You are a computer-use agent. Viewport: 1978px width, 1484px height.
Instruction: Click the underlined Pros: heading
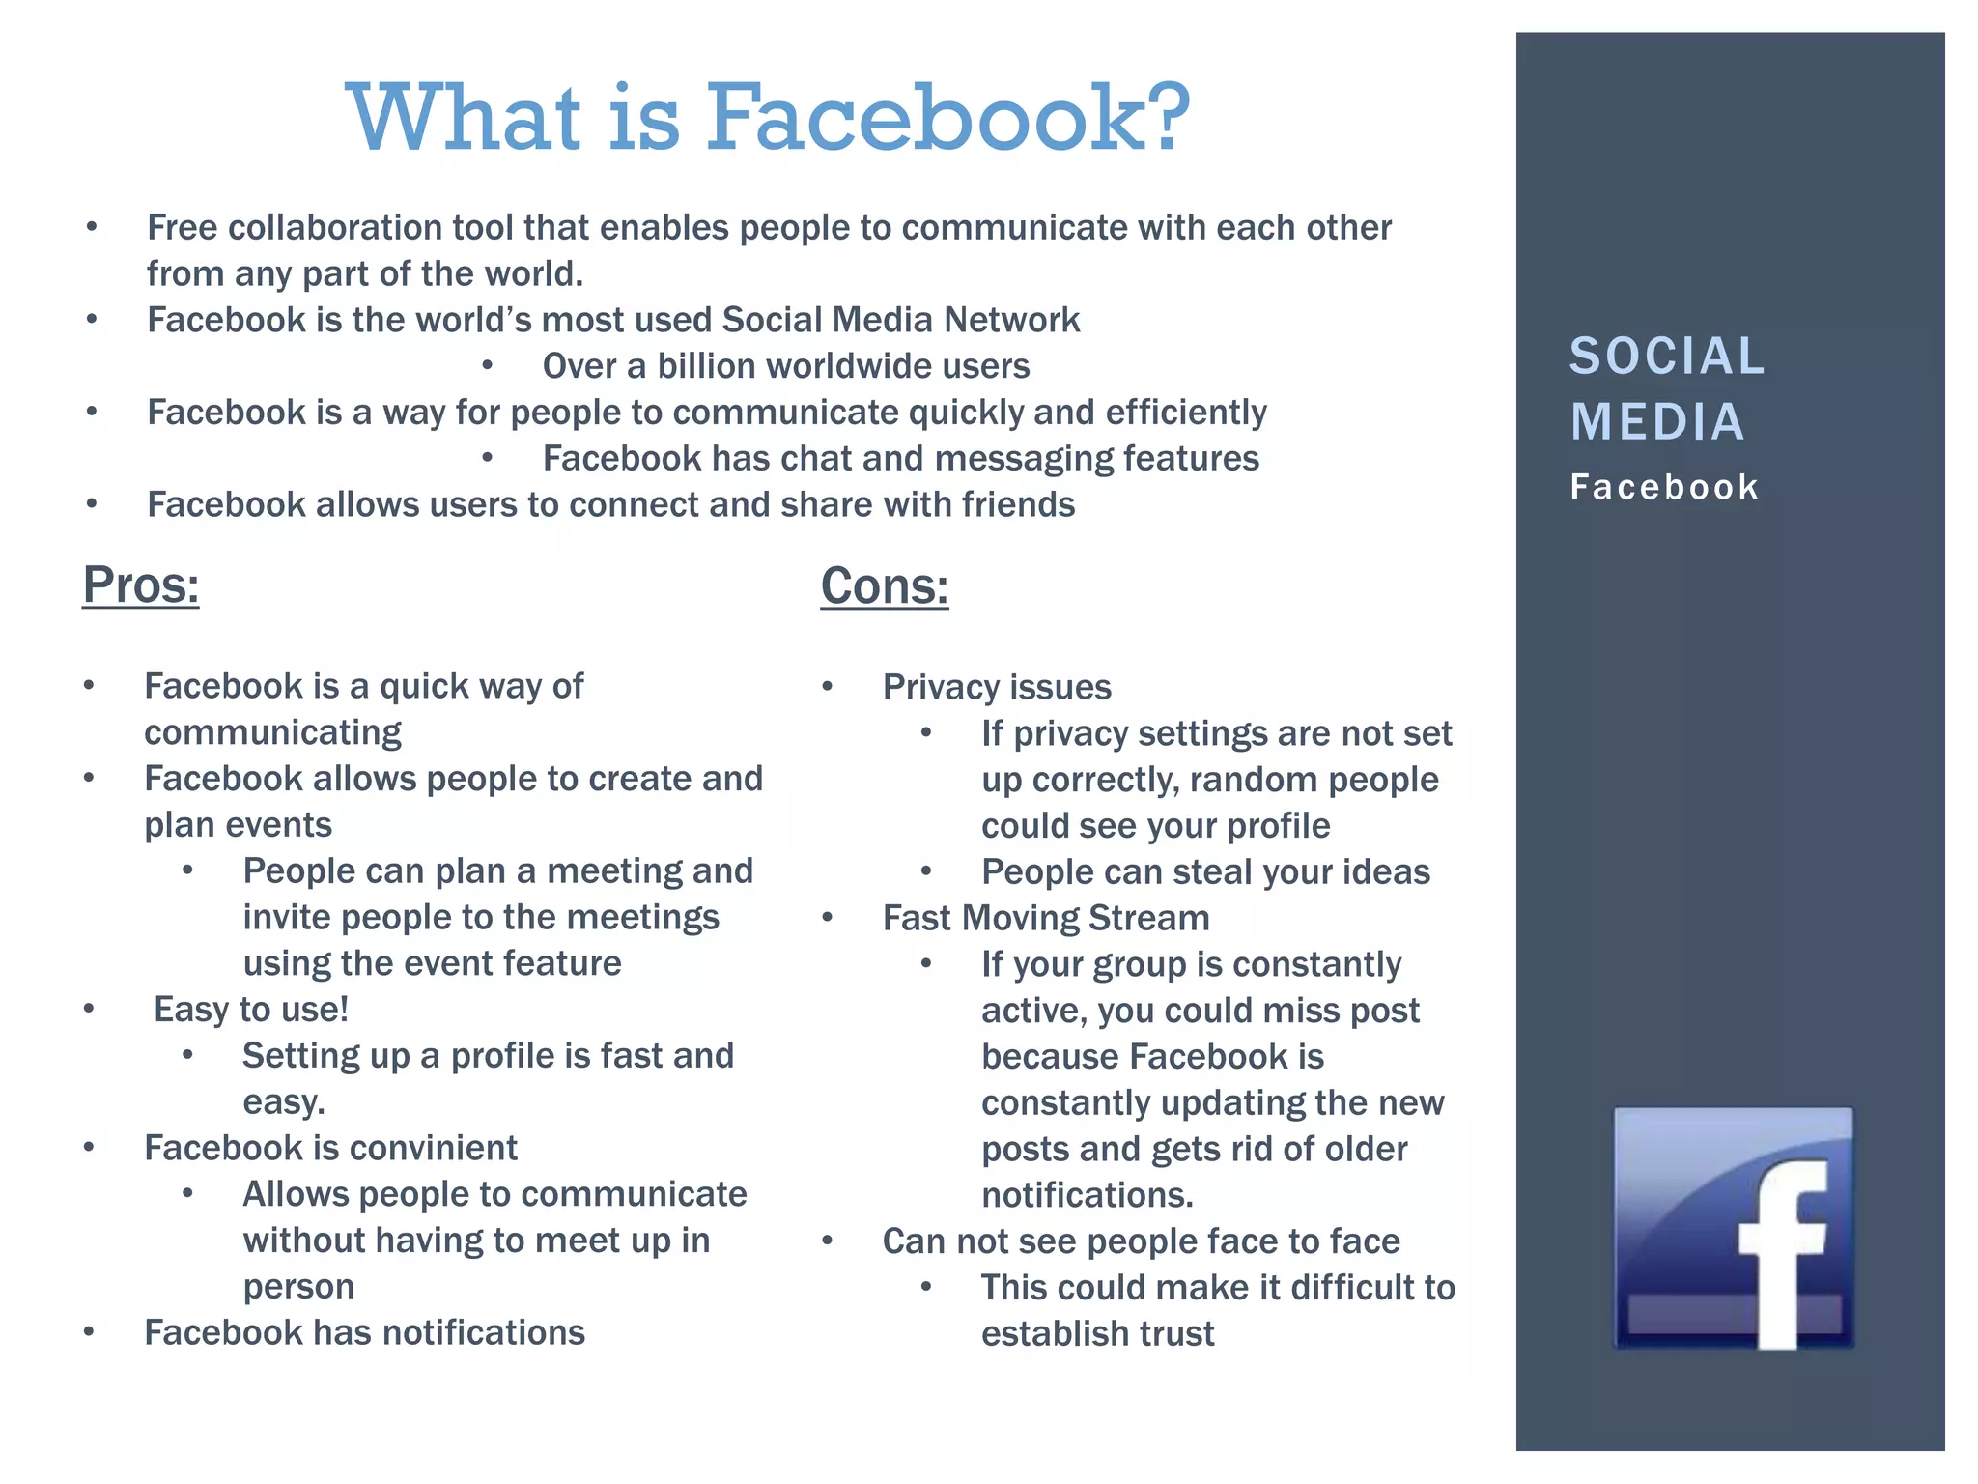(141, 585)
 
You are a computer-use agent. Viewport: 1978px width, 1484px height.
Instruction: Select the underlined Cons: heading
(885, 586)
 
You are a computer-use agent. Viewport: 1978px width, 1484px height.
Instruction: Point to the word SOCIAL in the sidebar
(1667, 357)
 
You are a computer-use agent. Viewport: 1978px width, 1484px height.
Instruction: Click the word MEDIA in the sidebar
(1657, 422)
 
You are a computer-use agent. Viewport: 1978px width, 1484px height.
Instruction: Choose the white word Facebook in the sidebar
(1664, 487)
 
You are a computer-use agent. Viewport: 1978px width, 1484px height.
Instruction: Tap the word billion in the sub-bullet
(708, 366)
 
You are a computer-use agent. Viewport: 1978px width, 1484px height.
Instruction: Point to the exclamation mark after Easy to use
(343, 1009)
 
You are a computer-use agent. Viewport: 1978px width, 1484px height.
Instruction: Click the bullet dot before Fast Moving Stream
(828, 917)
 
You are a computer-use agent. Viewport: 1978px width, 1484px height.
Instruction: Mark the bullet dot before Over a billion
(488, 365)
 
